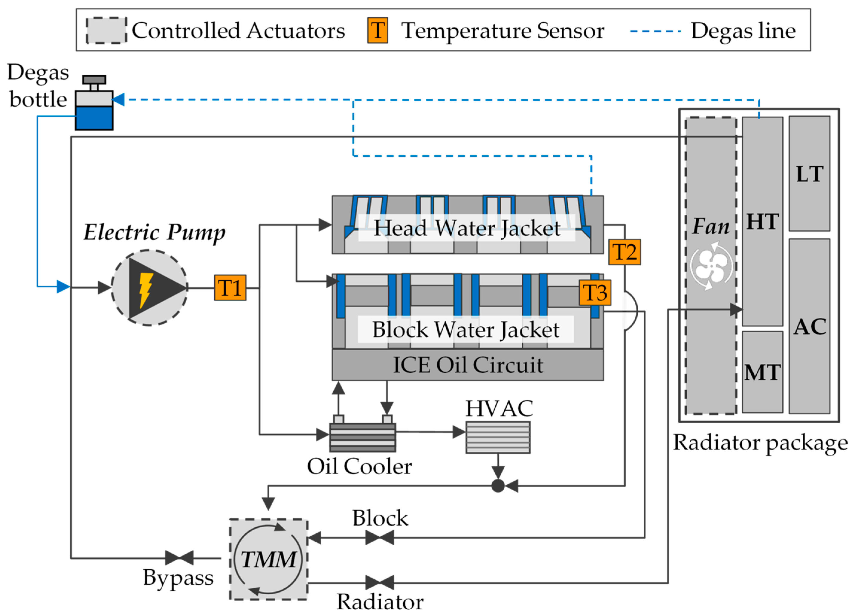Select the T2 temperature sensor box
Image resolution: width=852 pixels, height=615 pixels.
[624, 252]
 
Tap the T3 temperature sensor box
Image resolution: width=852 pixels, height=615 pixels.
[595, 293]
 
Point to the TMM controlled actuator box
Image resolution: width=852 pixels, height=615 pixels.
[268, 559]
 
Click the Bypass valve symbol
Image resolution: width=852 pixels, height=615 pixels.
[179, 558]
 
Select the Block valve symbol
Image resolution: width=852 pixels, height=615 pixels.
[380, 538]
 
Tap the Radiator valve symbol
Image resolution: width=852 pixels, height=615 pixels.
[380, 583]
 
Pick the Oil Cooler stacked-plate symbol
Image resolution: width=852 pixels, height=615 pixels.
[363, 437]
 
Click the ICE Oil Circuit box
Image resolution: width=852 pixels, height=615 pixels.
[467, 365]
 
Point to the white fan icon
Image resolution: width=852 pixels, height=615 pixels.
[711, 266]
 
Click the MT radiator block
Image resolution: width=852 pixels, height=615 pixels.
[762, 372]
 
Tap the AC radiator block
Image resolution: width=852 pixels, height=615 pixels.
[809, 326]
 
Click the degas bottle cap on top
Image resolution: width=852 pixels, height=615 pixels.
[94, 80]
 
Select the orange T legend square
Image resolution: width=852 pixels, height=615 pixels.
[378, 31]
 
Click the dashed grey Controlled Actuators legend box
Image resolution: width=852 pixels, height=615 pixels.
[106, 31]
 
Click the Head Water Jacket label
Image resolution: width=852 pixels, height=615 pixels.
[467, 228]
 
